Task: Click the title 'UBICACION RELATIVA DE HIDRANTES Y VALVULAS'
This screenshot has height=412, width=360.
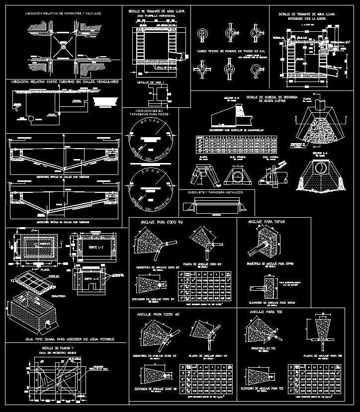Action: pyautogui.click(x=63, y=13)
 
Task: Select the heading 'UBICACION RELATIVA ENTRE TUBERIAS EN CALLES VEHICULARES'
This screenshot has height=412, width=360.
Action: pyautogui.click(x=63, y=82)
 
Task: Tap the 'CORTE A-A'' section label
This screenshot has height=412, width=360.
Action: pyautogui.click(x=90, y=279)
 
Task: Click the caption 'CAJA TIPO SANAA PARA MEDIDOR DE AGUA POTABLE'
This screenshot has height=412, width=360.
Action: pyautogui.click(x=63, y=339)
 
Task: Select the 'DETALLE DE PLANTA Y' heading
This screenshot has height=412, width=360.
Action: pyautogui.click(x=58, y=348)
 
